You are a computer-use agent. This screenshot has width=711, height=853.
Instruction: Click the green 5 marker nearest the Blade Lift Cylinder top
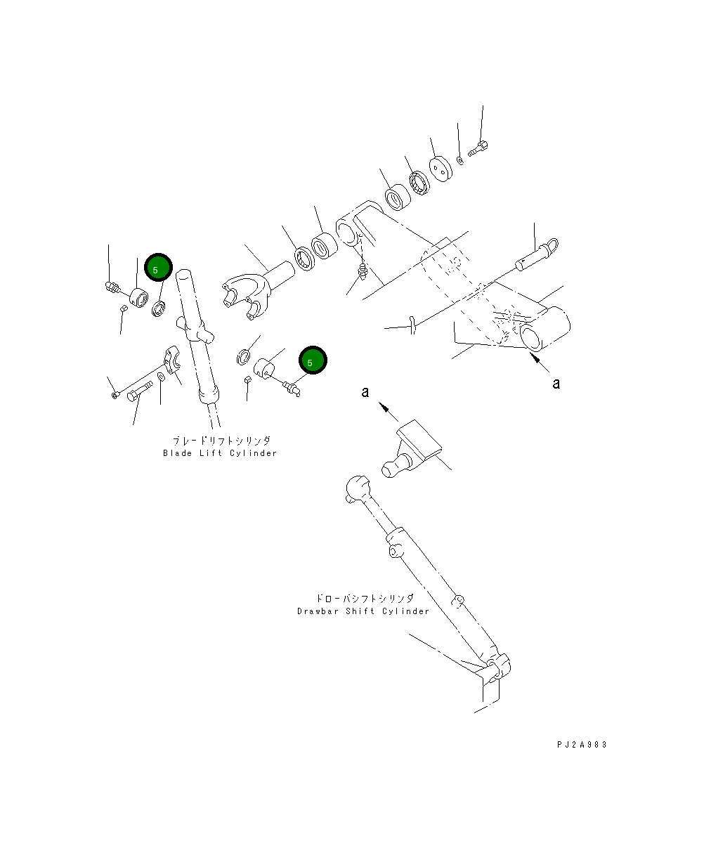157,268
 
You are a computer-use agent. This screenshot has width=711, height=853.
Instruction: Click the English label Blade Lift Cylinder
220,453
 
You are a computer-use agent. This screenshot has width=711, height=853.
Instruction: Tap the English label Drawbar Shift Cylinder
363,611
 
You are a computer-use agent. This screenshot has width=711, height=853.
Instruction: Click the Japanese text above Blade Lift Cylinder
221,441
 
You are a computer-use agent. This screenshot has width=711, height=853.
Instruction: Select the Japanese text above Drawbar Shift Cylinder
364,599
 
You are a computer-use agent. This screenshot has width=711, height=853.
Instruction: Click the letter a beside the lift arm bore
556,384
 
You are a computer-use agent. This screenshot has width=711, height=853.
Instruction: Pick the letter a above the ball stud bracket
365,392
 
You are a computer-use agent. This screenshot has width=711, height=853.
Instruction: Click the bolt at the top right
479,149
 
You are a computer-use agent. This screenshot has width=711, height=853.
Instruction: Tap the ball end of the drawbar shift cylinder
358,486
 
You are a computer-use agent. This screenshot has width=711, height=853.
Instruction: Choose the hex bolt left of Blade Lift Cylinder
139,390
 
